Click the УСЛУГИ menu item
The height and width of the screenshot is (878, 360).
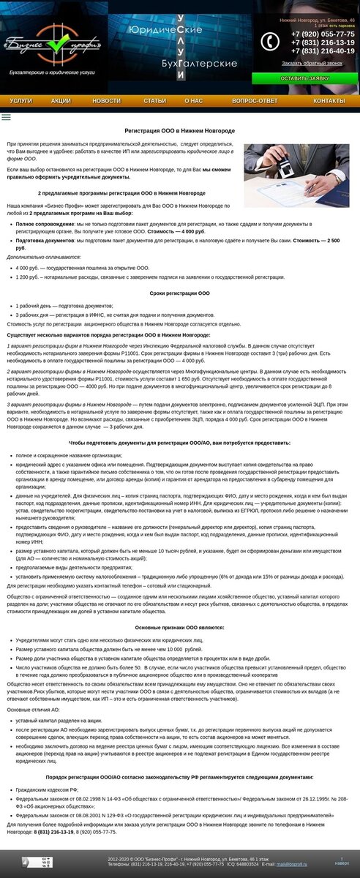[x=21, y=101]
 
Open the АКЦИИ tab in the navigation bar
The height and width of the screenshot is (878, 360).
[x=61, y=101]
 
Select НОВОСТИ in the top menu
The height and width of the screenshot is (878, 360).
[x=107, y=101]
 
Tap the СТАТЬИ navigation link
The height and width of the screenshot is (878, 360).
[x=154, y=101]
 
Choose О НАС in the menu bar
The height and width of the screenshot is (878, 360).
[x=194, y=101]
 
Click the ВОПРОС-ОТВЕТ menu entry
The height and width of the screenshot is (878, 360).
[x=255, y=101]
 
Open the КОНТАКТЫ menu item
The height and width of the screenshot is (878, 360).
[x=329, y=101]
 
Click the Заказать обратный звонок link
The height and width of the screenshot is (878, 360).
[x=312, y=64]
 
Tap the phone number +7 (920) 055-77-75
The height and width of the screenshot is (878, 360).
[x=323, y=34]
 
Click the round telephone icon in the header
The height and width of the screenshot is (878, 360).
[x=270, y=42]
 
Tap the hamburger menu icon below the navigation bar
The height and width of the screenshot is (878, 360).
[x=7, y=117]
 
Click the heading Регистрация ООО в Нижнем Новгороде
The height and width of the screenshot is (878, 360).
[x=180, y=130]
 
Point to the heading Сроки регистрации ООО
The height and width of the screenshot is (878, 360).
[x=180, y=293]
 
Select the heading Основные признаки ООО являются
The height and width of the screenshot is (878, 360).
[x=180, y=628]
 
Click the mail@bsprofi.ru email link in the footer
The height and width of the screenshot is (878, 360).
[x=292, y=864]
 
